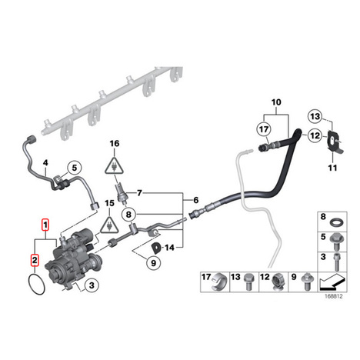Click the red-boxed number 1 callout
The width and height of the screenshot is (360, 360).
tap(45, 225)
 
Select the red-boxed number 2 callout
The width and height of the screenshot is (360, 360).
tap(35, 260)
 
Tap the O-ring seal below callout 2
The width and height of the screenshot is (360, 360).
tap(36, 284)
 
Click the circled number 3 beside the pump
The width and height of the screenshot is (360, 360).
tap(92, 285)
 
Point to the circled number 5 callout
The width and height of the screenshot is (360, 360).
tap(75, 168)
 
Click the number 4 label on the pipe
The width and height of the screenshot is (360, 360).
tap(45, 162)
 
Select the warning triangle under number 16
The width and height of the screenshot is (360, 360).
tap(114, 165)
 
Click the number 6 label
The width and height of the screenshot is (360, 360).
tap(196, 200)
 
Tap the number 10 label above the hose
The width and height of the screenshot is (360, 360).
tap(276, 102)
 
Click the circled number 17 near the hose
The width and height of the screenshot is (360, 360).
tap(264, 129)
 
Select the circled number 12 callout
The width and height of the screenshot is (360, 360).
tap(315, 135)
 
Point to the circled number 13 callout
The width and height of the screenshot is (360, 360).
tap(315, 117)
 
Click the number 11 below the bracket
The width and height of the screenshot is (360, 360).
tap(332, 168)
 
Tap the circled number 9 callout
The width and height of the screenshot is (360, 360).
tap(153, 263)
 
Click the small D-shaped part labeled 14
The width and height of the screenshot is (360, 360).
tap(156, 247)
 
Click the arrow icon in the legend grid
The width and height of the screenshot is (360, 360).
tap(332, 282)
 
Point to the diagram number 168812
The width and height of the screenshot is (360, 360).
tap(334, 296)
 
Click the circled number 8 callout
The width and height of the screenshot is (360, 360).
tap(128, 214)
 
